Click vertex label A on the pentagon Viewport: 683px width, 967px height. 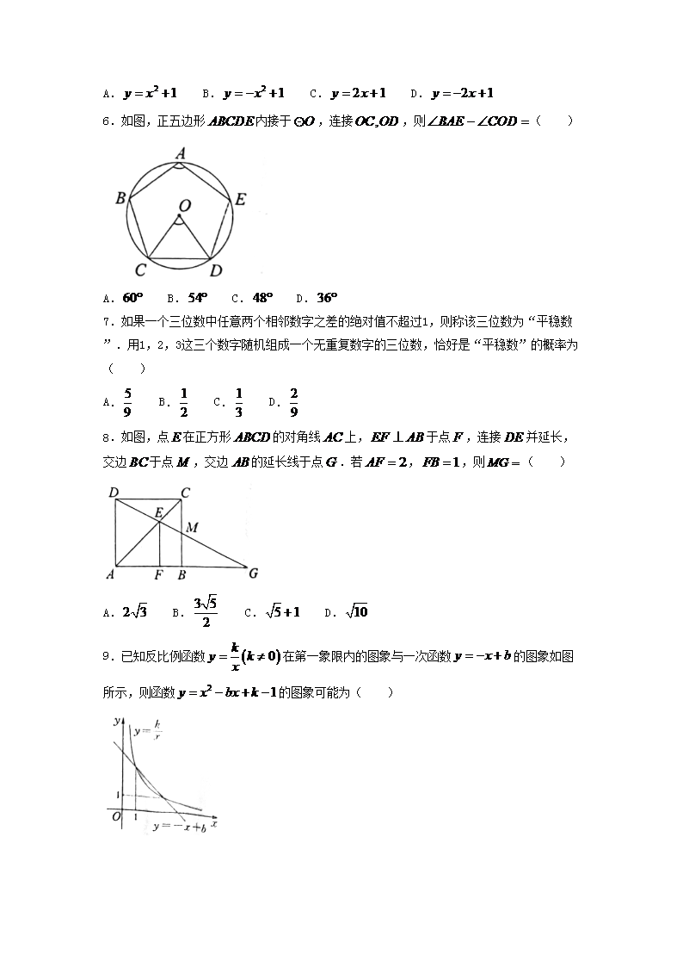[x=181, y=152]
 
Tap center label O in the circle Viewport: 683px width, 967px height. [x=184, y=205]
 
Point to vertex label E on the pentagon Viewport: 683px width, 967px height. [x=241, y=200]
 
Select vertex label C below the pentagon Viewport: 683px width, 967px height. [x=139, y=270]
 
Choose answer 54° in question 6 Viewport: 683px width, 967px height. [x=198, y=298]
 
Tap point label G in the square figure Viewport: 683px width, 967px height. [x=253, y=573]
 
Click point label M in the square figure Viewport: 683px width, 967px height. [x=193, y=527]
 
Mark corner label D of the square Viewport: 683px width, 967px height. [x=114, y=493]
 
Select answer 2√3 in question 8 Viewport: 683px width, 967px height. [x=135, y=612]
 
